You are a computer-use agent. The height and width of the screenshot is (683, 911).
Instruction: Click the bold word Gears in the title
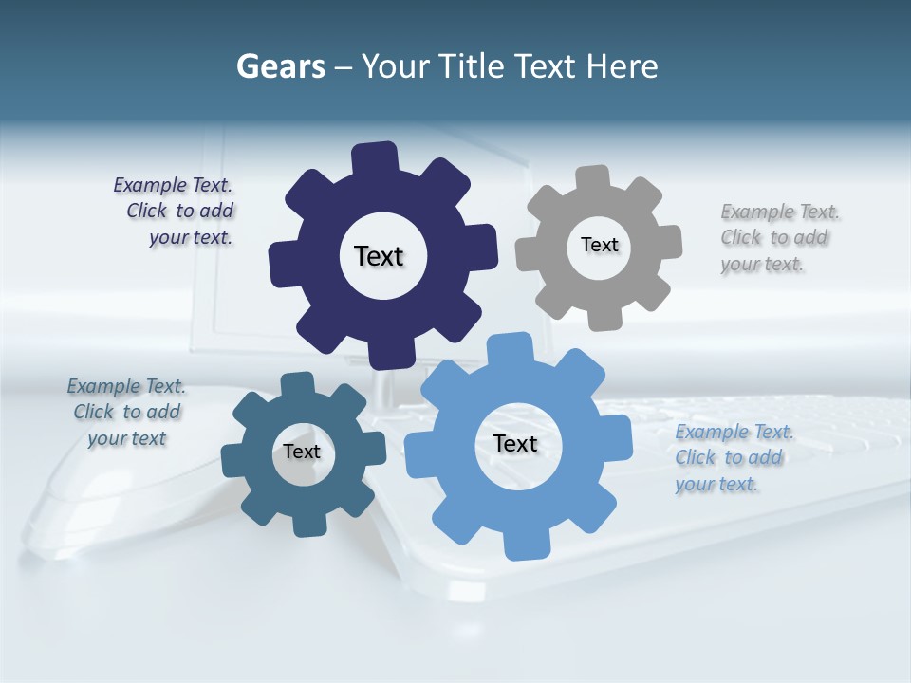click(x=280, y=66)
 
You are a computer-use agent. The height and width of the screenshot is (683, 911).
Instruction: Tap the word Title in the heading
click(x=474, y=66)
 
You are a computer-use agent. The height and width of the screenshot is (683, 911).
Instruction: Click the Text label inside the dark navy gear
click(x=379, y=256)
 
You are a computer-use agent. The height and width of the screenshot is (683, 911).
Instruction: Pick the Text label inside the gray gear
click(x=599, y=245)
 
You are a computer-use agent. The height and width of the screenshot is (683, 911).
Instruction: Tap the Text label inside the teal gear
click(x=302, y=452)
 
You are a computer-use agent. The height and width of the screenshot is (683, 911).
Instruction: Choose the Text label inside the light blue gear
click(x=515, y=443)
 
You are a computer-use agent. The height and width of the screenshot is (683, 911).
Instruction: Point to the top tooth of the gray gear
click(x=592, y=179)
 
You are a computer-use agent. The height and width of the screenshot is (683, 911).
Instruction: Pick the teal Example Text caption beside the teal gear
click(x=126, y=412)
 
